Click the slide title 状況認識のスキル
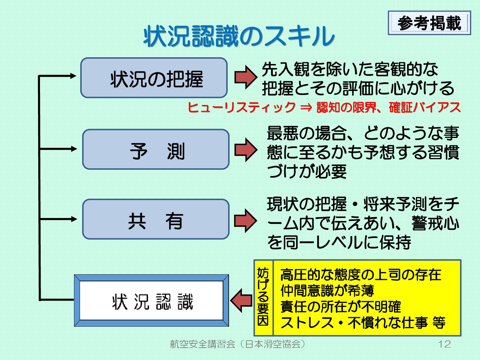tap(239, 36)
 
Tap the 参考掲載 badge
tap(429, 23)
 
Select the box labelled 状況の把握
tap(154, 78)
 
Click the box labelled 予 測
tap(156, 150)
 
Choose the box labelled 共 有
tap(156, 220)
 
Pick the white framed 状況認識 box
tap(152, 301)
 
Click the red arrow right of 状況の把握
tap(246, 77)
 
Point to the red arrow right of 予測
tap(246, 150)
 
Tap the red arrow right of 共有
tap(246, 220)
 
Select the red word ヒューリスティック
tap(241, 107)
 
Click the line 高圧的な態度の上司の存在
tap(360, 275)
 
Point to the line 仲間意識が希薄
tap(327, 291)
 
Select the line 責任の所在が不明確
tap(340, 307)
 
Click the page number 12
tap(444, 344)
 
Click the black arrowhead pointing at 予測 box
tap(74, 149)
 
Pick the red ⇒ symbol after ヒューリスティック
tap(306, 107)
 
